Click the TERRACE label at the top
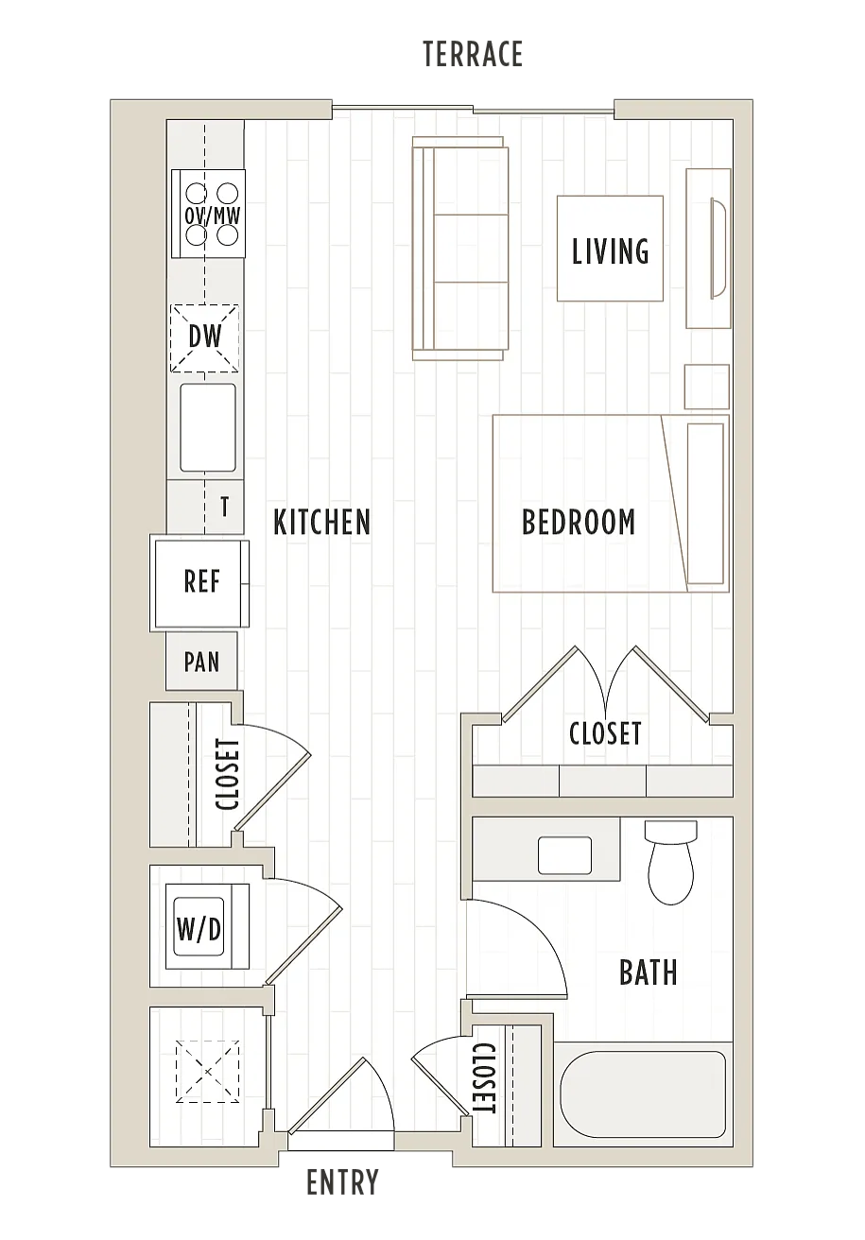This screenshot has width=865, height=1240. tap(473, 54)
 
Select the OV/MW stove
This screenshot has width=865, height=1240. tap(208, 214)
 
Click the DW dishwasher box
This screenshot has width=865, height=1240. tap(204, 338)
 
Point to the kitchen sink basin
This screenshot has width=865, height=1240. tap(208, 428)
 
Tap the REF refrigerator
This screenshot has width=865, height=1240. tap(201, 584)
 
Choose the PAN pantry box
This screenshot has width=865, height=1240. tap(201, 662)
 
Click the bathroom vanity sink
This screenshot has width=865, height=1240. tap(565, 856)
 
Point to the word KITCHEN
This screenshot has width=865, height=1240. tap(321, 522)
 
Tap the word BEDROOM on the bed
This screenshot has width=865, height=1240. tap(579, 522)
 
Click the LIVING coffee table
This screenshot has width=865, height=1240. tap(611, 249)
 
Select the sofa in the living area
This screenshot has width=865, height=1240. tap(460, 249)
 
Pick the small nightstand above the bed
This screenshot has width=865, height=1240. tap(706, 387)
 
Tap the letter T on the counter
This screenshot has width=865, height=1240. tap(224, 506)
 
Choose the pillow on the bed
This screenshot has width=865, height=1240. tap(705, 504)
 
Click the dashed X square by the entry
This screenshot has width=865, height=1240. tap(208, 1073)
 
